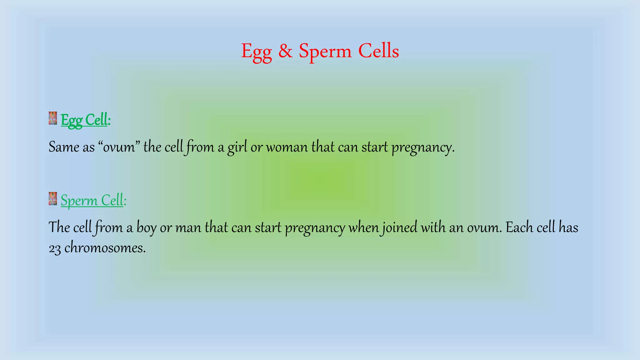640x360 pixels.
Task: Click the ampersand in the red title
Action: point(285,51)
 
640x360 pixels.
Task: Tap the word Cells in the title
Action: point(378,51)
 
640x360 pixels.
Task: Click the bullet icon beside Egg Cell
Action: point(53,118)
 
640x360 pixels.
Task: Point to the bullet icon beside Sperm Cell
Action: point(53,199)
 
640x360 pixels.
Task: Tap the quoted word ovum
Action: point(119,147)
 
